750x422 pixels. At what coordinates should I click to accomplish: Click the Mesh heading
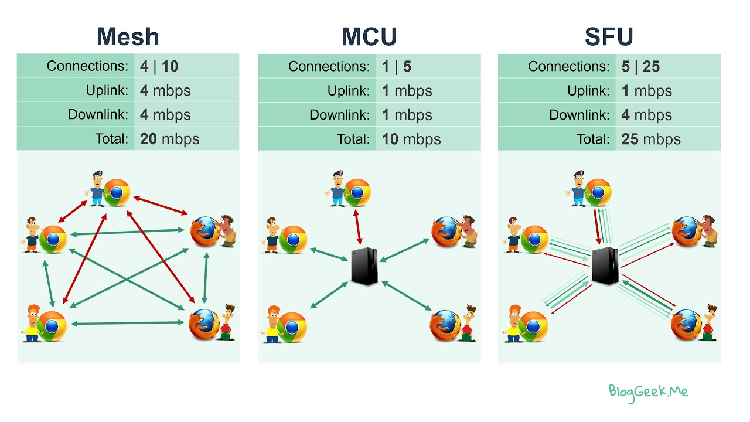coord(128,37)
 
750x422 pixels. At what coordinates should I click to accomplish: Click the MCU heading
coord(369,37)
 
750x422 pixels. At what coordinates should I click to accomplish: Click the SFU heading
coord(609,37)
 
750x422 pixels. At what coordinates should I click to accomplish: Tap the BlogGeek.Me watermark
coord(648,392)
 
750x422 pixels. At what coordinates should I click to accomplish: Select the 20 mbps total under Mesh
coord(169,139)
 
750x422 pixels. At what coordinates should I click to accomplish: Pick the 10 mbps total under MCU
coord(411,139)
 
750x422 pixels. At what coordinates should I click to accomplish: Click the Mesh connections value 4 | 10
coord(159,66)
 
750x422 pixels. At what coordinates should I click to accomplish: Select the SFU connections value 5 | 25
coord(640,66)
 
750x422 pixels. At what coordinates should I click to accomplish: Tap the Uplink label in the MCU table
coord(349,91)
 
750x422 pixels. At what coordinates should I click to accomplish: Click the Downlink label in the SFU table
coord(580,115)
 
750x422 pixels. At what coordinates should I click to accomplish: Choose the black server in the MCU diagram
coord(364,267)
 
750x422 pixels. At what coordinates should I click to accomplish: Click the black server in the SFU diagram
coord(605,266)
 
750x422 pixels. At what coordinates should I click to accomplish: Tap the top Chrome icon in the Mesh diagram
coord(117,192)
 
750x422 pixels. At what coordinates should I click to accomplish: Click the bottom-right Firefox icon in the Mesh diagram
coord(203,324)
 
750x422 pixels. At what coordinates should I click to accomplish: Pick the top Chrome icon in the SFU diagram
coord(598,192)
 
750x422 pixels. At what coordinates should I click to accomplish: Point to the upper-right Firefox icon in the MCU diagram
coord(446,232)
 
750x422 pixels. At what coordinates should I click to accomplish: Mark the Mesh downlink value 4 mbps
coord(165,115)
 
